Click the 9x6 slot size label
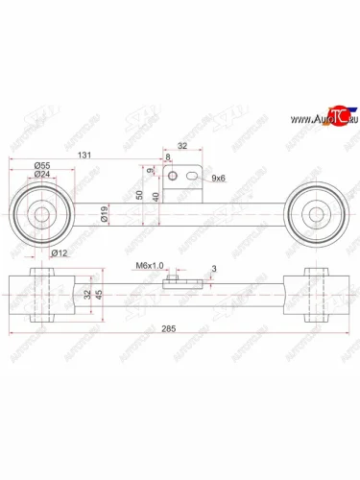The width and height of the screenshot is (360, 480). coord(218,178)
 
